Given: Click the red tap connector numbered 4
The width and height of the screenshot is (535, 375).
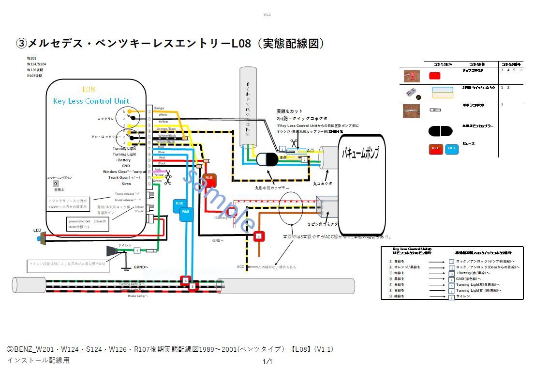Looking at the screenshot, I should pyautogui.click(x=259, y=236).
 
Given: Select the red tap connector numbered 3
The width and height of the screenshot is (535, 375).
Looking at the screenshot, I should pyautogui.click(x=231, y=212).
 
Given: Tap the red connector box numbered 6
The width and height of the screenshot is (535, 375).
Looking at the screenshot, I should pyautogui.click(x=185, y=280).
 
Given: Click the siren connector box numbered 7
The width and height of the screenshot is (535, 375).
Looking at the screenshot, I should pyautogui.click(x=137, y=250).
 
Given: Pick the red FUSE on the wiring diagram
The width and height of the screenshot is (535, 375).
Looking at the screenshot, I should pyautogui.click(x=209, y=180).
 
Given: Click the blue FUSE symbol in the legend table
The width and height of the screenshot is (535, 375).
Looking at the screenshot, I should pyautogui.click(x=452, y=149).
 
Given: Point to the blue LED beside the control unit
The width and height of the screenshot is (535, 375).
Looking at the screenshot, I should pyautogui.click(x=39, y=238).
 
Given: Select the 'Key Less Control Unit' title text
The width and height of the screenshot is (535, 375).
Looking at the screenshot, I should pyautogui.click(x=91, y=101).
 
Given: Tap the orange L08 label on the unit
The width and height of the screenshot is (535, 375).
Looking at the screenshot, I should pyautogui.click(x=89, y=89).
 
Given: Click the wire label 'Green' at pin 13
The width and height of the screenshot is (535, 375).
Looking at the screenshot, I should pyautogui.click(x=157, y=181).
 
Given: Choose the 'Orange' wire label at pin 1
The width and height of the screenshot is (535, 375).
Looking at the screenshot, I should pyautogui.click(x=159, y=108).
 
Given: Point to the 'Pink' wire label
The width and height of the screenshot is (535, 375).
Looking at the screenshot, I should pyautogui.click(x=157, y=170).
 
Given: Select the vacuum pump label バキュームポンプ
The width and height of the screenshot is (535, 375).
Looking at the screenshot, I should pyautogui.click(x=360, y=154).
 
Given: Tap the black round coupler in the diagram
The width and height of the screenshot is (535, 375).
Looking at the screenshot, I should pyautogui.click(x=265, y=160).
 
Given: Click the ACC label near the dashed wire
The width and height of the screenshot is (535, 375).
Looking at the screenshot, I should pyautogui.click(x=240, y=267).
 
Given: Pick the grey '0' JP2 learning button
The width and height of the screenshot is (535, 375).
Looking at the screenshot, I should pyautogui.click(x=56, y=184).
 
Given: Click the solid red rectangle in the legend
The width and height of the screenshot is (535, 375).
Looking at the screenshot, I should pyautogui.click(x=434, y=76).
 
